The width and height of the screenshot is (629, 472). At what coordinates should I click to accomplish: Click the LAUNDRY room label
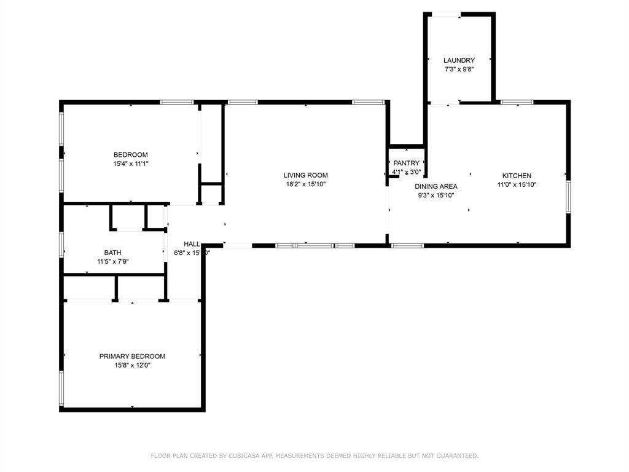[x=459, y=60]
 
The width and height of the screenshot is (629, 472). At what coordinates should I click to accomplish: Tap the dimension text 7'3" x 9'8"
[x=459, y=69]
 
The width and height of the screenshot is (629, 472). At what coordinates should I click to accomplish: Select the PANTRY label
[x=406, y=163]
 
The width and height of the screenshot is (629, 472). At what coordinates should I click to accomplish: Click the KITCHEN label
[x=517, y=175]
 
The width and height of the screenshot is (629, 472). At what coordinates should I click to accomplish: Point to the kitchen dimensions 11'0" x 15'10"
[x=517, y=184]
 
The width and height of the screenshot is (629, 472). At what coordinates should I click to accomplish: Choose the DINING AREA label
[x=436, y=186]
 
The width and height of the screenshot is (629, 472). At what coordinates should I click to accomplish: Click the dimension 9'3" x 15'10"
[x=436, y=195]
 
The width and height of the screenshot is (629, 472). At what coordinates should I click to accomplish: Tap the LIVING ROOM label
[x=305, y=175]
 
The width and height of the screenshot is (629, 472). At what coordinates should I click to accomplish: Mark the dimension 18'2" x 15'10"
[x=305, y=184]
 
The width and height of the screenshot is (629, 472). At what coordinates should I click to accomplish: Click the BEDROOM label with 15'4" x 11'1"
[x=130, y=154]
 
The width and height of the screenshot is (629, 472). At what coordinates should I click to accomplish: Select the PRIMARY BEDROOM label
[x=132, y=356]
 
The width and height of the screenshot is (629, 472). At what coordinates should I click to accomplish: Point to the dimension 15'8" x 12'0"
[x=132, y=365]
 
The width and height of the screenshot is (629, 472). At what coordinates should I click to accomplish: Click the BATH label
[x=112, y=252]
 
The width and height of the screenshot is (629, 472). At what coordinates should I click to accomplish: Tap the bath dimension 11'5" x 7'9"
[x=112, y=261]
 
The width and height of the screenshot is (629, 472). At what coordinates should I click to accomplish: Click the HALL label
[x=192, y=243]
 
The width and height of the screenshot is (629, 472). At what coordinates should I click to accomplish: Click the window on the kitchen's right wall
[x=568, y=197]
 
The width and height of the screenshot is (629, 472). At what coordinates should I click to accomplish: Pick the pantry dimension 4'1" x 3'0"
[x=406, y=172]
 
